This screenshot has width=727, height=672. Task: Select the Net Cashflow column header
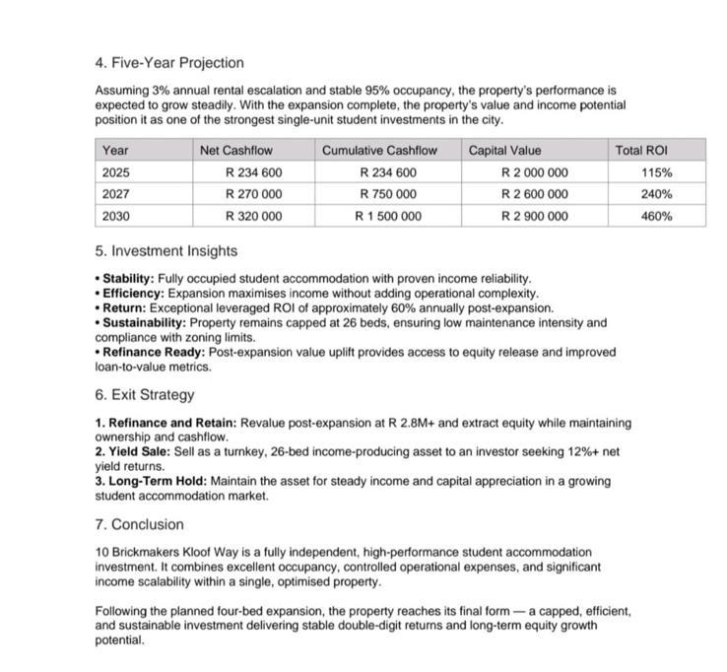(235, 151)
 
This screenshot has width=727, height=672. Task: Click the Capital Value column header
(504, 151)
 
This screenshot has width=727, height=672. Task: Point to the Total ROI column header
(641, 151)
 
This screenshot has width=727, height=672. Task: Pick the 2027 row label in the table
(115, 194)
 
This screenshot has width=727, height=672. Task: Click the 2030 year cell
(115, 216)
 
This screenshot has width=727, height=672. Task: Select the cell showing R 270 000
(253, 194)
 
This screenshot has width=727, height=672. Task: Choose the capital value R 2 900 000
(534, 216)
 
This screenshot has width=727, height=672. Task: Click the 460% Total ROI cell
(656, 216)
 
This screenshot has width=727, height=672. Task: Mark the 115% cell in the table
(656, 172)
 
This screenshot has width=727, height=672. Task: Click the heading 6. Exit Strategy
(144, 395)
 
